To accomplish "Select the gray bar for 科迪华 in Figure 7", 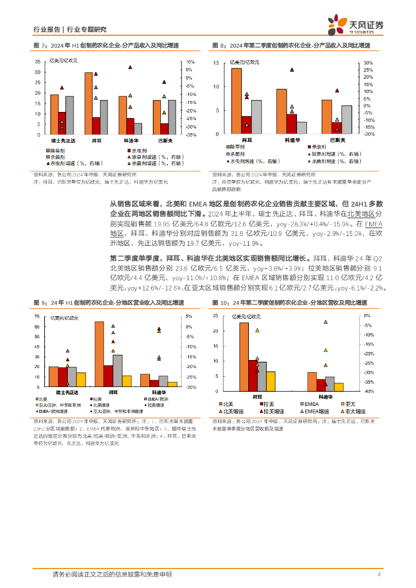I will (x=138, y=129).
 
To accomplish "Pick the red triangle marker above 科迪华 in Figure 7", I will (x=130, y=68).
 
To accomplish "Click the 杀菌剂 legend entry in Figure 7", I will (x=57, y=156).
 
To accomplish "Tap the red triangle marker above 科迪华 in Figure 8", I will (x=292, y=69).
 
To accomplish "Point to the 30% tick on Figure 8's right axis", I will (x=368, y=64).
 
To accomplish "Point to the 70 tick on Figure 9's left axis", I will (x=37, y=316).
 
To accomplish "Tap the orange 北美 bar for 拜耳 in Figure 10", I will (x=244, y=357).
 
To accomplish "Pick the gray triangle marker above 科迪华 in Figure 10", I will (x=325, y=322).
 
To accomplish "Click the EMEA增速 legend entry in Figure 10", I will (x=314, y=411).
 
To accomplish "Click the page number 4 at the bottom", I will (x=379, y=574).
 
